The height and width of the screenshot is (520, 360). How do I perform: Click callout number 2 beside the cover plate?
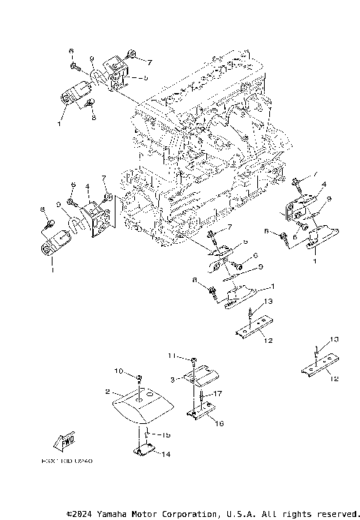[x=109, y=392]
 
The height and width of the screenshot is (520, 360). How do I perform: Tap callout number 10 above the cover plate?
[x=118, y=371]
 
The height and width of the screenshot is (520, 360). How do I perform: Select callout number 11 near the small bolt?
[x=172, y=355]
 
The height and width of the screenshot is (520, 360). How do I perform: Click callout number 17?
[x=218, y=393]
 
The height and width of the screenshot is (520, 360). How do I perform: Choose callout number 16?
[x=220, y=423]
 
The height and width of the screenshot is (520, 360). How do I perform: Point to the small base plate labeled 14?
[x=145, y=451]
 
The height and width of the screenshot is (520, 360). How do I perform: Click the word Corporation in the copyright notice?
[x=185, y=514]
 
